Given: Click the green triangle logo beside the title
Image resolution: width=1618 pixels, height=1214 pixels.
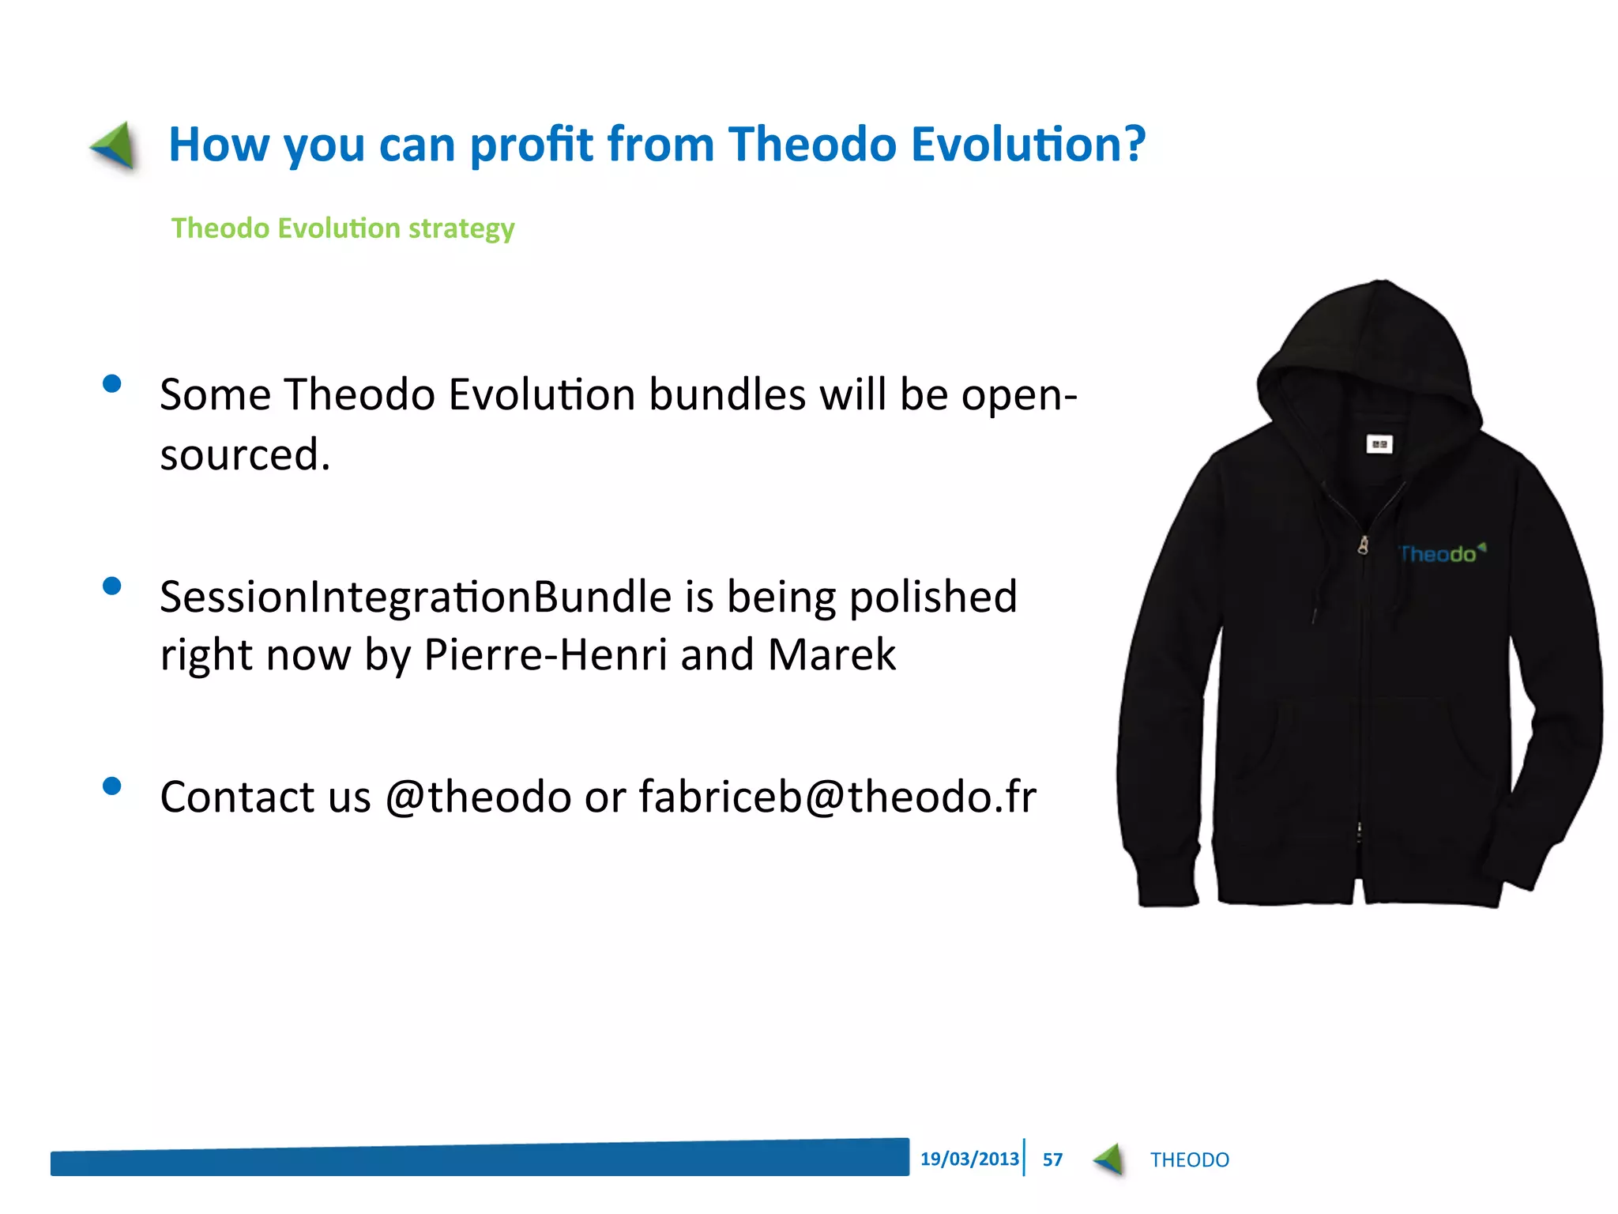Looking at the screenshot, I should [x=115, y=145].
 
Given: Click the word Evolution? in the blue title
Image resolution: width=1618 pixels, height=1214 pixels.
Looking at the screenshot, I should [x=1027, y=145].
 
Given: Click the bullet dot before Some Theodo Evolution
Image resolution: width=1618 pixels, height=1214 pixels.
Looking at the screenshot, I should [x=112, y=384].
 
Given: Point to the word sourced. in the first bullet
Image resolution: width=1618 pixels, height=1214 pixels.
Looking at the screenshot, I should [x=245, y=455].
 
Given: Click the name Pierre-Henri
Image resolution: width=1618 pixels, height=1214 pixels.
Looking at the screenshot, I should [x=545, y=655].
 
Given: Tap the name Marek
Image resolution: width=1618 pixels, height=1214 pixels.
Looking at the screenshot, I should [x=831, y=655].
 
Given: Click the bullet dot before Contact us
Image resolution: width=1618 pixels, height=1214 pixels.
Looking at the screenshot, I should [x=112, y=786].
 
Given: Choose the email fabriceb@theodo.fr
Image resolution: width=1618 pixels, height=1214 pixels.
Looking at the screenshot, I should [x=837, y=797].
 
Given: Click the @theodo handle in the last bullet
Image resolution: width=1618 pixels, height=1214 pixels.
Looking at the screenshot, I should [x=478, y=797].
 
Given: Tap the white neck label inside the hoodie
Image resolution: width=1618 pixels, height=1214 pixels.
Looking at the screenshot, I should [x=1379, y=445].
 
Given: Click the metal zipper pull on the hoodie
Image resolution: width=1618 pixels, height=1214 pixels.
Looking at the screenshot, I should [x=1364, y=545].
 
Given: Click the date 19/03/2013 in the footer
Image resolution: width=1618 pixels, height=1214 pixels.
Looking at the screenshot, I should [x=969, y=1159].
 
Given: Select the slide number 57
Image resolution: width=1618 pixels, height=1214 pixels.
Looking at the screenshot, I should [x=1052, y=1159].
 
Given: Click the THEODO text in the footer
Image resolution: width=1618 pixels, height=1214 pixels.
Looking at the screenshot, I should [x=1189, y=1160].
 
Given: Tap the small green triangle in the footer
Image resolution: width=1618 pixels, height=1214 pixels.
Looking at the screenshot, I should [x=1109, y=1159].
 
